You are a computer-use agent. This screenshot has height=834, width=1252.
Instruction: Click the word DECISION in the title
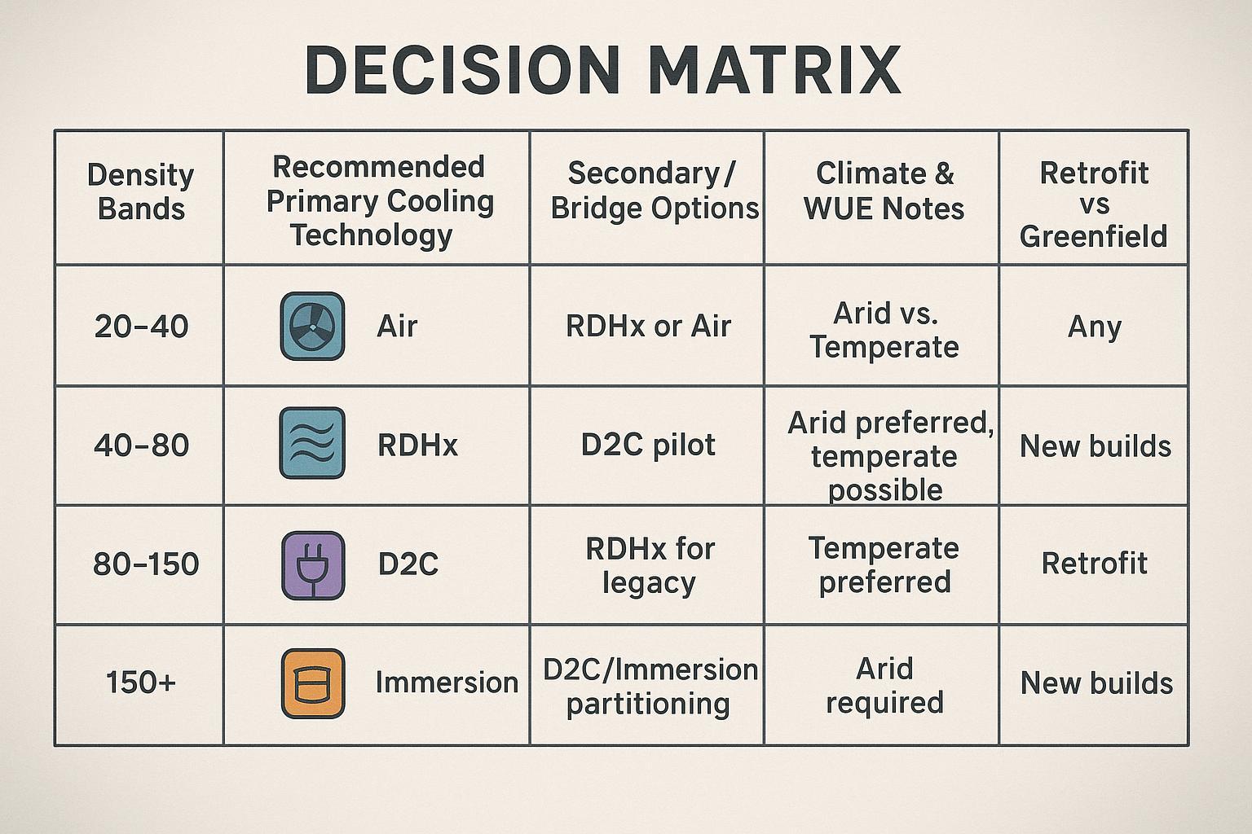462,70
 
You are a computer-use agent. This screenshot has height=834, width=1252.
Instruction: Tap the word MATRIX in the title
774,70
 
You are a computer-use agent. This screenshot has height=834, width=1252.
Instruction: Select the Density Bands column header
140,191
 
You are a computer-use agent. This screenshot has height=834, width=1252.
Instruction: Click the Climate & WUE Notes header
884,191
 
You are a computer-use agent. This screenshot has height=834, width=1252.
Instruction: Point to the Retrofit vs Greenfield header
1093,204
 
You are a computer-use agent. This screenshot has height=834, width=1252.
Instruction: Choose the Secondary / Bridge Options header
654,191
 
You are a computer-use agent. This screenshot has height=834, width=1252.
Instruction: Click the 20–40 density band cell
141,327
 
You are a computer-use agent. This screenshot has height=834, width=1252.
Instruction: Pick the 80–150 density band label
146,564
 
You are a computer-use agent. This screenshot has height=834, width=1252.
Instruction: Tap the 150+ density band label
140,683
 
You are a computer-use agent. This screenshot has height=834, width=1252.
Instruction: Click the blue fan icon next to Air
312,327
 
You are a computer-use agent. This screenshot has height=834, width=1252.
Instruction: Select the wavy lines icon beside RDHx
312,444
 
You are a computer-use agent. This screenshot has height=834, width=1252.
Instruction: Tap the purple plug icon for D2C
312,564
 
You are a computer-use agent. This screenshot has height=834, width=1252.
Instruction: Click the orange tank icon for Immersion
312,683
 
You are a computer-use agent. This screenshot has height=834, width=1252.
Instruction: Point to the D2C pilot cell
648,445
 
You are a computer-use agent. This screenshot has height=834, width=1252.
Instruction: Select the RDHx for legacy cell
650,565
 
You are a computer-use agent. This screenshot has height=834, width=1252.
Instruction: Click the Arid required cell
884,685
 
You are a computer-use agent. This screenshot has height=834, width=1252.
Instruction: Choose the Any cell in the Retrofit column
1094,327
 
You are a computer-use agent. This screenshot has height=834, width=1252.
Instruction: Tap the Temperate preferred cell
884,565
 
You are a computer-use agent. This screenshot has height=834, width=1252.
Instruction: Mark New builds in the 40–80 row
1095,446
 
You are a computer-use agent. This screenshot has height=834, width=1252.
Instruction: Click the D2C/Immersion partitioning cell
650,686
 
